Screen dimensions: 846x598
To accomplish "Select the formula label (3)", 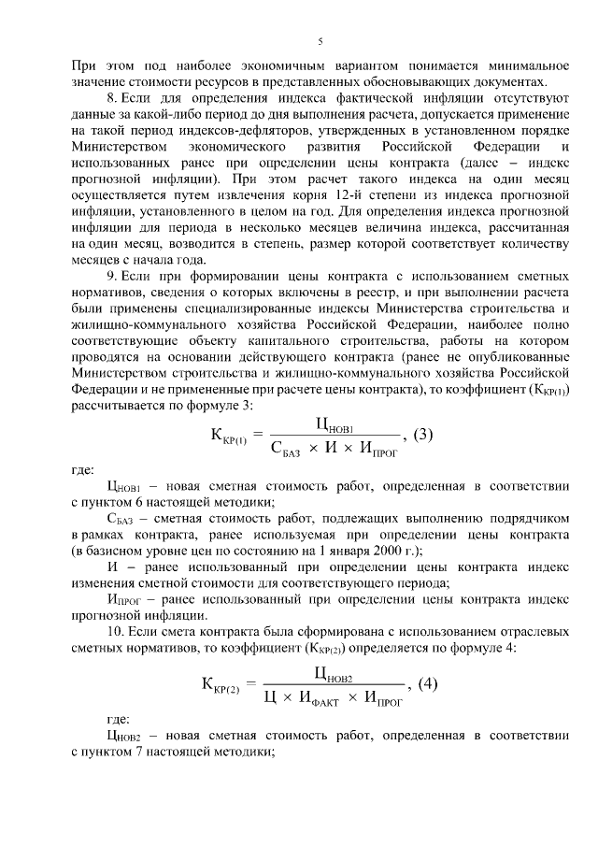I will point(423,434).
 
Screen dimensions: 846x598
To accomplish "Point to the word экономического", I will point(241,148).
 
